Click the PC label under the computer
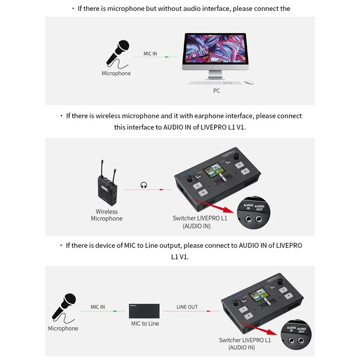[x=216, y=90]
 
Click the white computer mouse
[x=249, y=82]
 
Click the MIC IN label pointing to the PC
[x=150, y=54]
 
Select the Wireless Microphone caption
[x=107, y=215]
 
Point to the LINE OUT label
[x=187, y=307]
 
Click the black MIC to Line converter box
[x=144, y=311]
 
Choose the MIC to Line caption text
[x=145, y=324]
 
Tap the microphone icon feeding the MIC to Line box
[x=63, y=307]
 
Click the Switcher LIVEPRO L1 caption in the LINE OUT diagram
[x=245, y=340]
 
